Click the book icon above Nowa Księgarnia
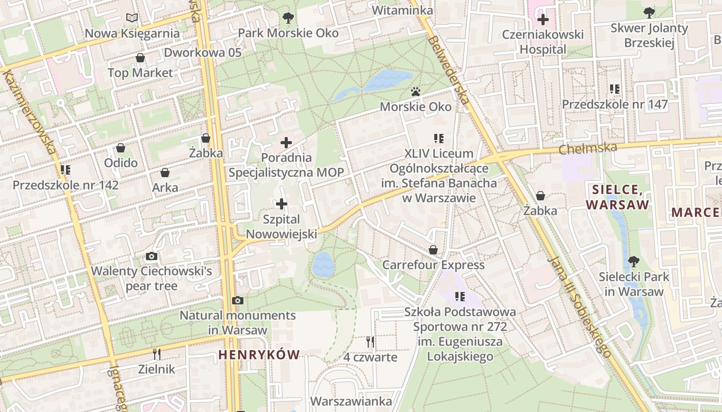pyautogui.click(x=132, y=18)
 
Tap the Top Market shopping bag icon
pyautogui.click(x=140, y=58)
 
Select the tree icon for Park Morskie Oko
pyautogui.click(x=288, y=18)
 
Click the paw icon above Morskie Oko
pyautogui.click(x=416, y=92)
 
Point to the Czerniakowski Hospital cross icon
pyautogui.click(x=543, y=20)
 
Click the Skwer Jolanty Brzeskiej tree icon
pyautogui.click(x=649, y=12)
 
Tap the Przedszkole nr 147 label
pyautogui.click(x=615, y=105)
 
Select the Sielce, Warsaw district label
pyautogui.click(x=617, y=197)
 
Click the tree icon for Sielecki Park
pyautogui.click(x=633, y=262)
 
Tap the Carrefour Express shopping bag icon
pyautogui.click(x=433, y=250)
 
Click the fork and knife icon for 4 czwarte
pyautogui.click(x=370, y=341)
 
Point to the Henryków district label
pyautogui.click(x=259, y=354)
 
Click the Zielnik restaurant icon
pyautogui.click(x=157, y=354)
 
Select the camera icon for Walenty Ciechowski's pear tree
pyautogui.click(x=151, y=256)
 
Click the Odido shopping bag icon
pyautogui.click(x=121, y=148)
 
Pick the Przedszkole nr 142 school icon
pyautogui.click(x=65, y=169)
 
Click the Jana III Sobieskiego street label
pyautogui.click(x=580, y=307)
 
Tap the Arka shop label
pyautogui.click(x=165, y=188)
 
